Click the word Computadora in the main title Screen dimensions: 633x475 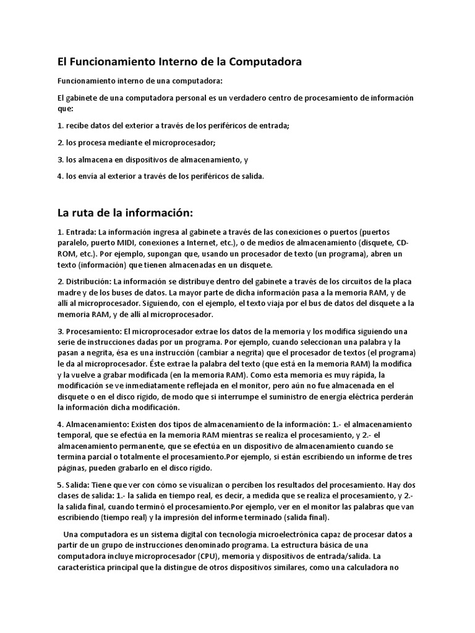pos(265,62)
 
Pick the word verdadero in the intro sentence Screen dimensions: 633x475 pos(240,98)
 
